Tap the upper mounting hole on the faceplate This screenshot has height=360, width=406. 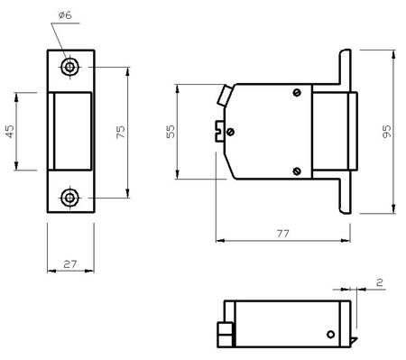[x=70, y=68]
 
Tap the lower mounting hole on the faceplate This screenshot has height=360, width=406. [x=70, y=197]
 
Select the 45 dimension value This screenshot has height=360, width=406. [x=10, y=131]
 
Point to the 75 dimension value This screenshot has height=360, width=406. [x=120, y=132]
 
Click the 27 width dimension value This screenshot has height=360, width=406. [x=69, y=263]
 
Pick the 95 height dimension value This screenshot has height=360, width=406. [x=387, y=132]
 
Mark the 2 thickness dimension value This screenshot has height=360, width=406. [x=380, y=282]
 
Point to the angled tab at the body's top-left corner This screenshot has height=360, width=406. [x=223, y=94]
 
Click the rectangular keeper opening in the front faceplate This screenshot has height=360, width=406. [x=72, y=132]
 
